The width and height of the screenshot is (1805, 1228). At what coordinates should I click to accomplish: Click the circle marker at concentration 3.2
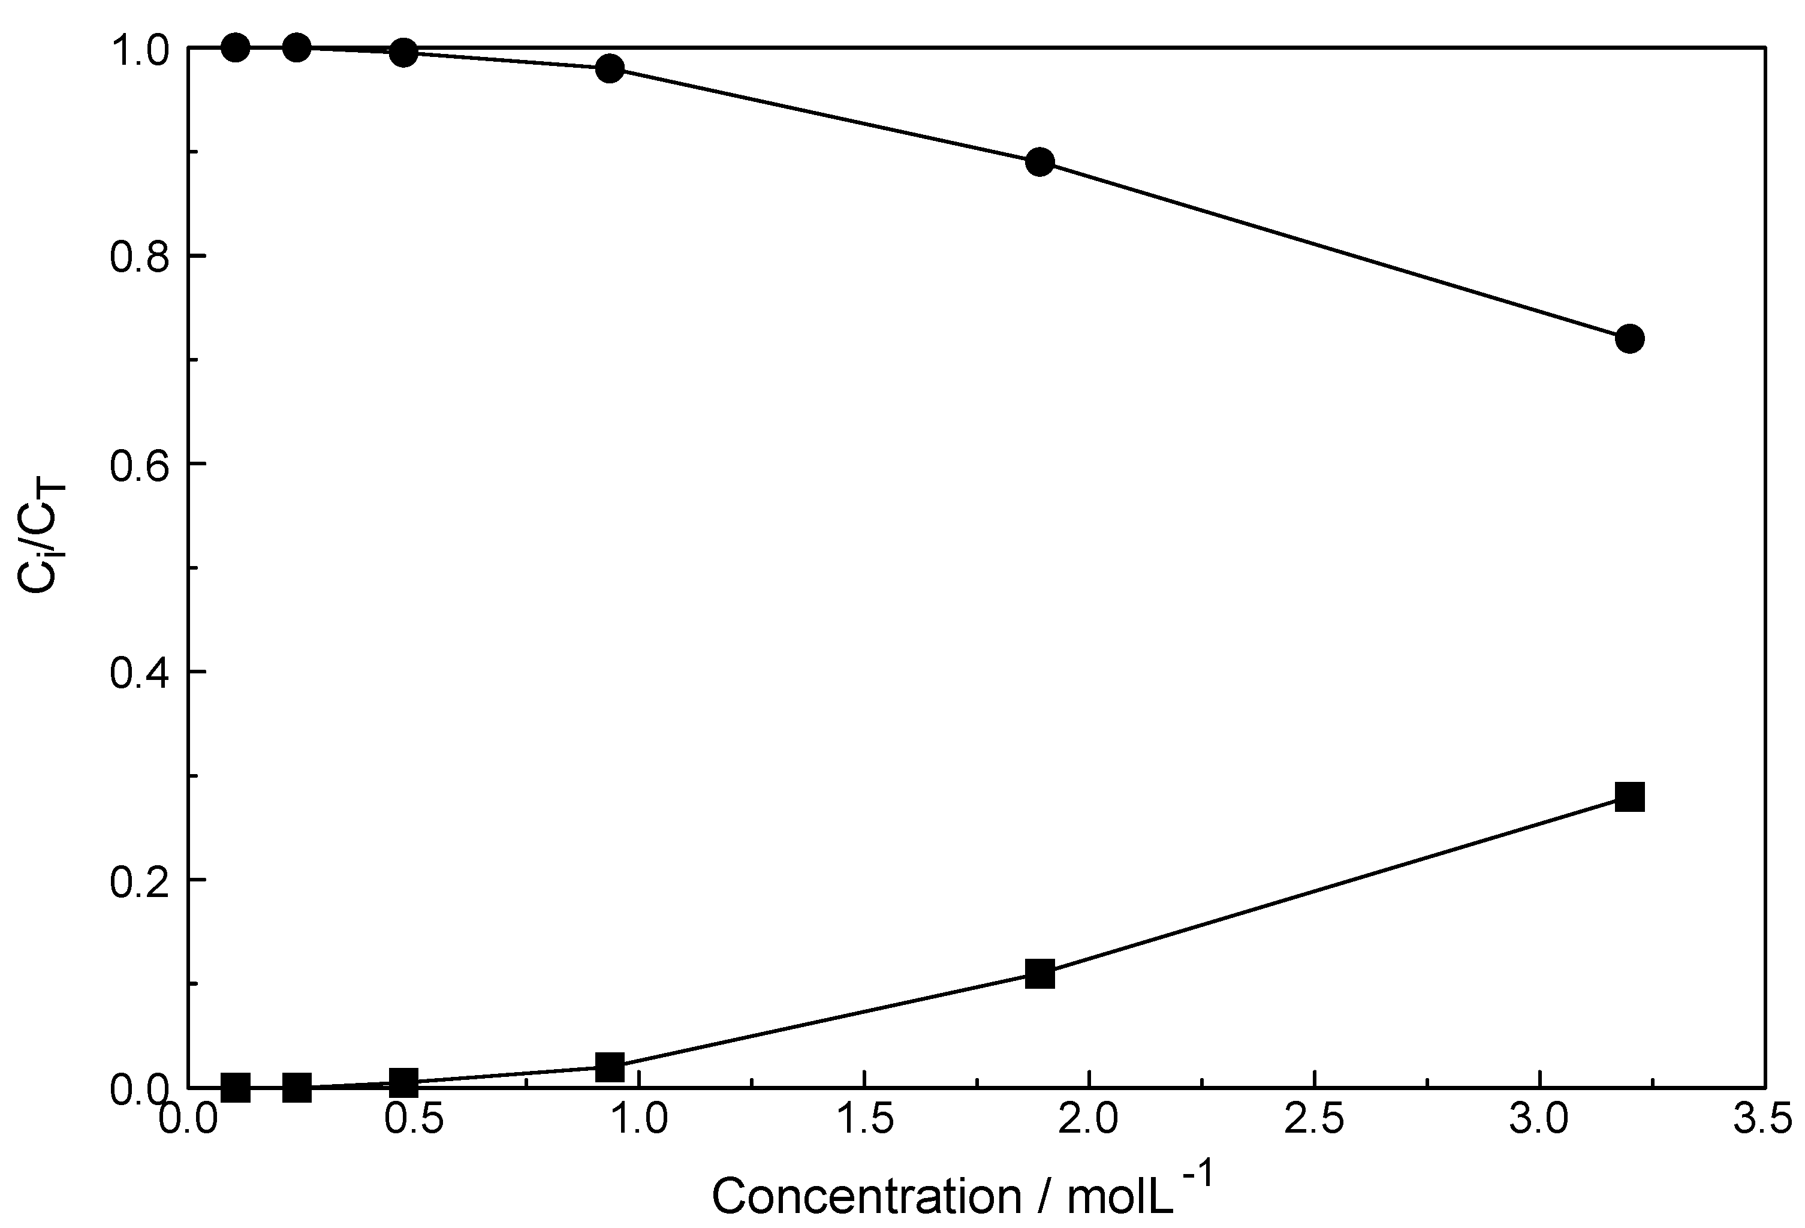click(1629, 339)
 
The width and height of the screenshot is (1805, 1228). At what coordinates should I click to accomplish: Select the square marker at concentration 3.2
click(1629, 797)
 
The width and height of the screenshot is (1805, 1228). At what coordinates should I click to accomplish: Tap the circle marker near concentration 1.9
click(1040, 162)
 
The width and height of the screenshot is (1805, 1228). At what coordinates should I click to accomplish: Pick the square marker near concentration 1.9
click(1040, 973)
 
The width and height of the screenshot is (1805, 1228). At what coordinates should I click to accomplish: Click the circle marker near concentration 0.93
click(610, 68)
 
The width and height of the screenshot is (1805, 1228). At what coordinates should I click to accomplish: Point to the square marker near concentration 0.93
click(610, 1067)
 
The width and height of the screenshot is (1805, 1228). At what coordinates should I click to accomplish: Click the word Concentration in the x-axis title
click(867, 1196)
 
